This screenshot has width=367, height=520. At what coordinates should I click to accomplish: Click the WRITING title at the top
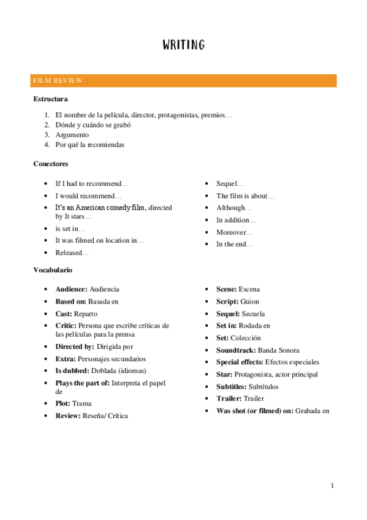click(x=183, y=45)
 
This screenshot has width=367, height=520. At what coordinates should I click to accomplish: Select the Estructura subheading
click(x=50, y=99)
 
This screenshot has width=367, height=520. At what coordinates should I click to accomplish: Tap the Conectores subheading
click(x=50, y=164)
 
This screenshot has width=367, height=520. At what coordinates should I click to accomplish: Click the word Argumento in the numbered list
click(x=72, y=134)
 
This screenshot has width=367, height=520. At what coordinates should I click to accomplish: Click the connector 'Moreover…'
click(x=235, y=232)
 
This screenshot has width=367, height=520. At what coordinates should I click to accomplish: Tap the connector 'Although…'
click(x=234, y=208)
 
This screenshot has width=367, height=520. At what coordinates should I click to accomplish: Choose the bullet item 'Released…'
click(x=72, y=253)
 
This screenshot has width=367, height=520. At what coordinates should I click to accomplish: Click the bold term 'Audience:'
click(x=71, y=289)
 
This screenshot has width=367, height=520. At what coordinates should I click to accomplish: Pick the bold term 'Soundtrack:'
click(x=236, y=350)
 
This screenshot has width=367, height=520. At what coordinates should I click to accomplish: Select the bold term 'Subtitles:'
click(x=232, y=387)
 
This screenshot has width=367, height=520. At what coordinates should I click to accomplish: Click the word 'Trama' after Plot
click(x=81, y=403)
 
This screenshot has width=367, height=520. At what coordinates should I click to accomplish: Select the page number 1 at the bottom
click(x=332, y=486)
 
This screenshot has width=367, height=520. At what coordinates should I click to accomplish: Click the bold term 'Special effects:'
click(x=240, y=362)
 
